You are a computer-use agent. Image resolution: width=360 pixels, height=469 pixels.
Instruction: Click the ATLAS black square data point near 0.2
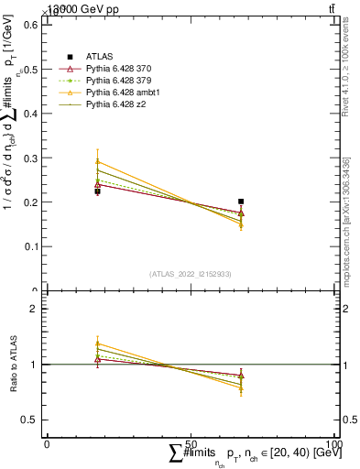coord(241,202)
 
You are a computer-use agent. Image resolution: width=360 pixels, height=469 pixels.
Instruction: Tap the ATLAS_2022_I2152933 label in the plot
coord(190,274)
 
